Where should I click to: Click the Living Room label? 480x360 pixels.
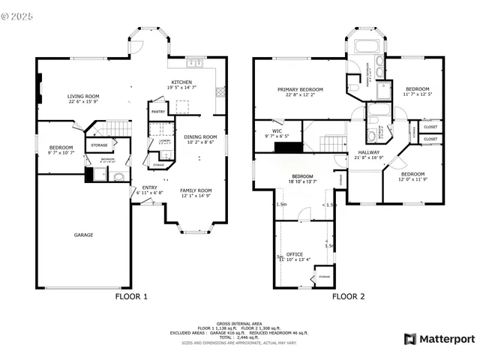[83, 97]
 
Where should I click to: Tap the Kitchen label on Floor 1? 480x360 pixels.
[182, 82]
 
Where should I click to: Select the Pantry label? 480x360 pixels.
[158, 112]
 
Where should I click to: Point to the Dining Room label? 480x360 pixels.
[200, 137]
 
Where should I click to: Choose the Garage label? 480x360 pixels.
[83, 235]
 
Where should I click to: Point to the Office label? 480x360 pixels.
[295, 254]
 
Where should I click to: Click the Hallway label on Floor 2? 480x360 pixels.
[367, 153]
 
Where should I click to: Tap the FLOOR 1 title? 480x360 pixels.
[131, 296]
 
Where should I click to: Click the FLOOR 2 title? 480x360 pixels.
[348, 296]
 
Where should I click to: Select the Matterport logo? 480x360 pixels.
[439, 339]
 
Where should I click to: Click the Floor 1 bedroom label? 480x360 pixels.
[61, 148]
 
